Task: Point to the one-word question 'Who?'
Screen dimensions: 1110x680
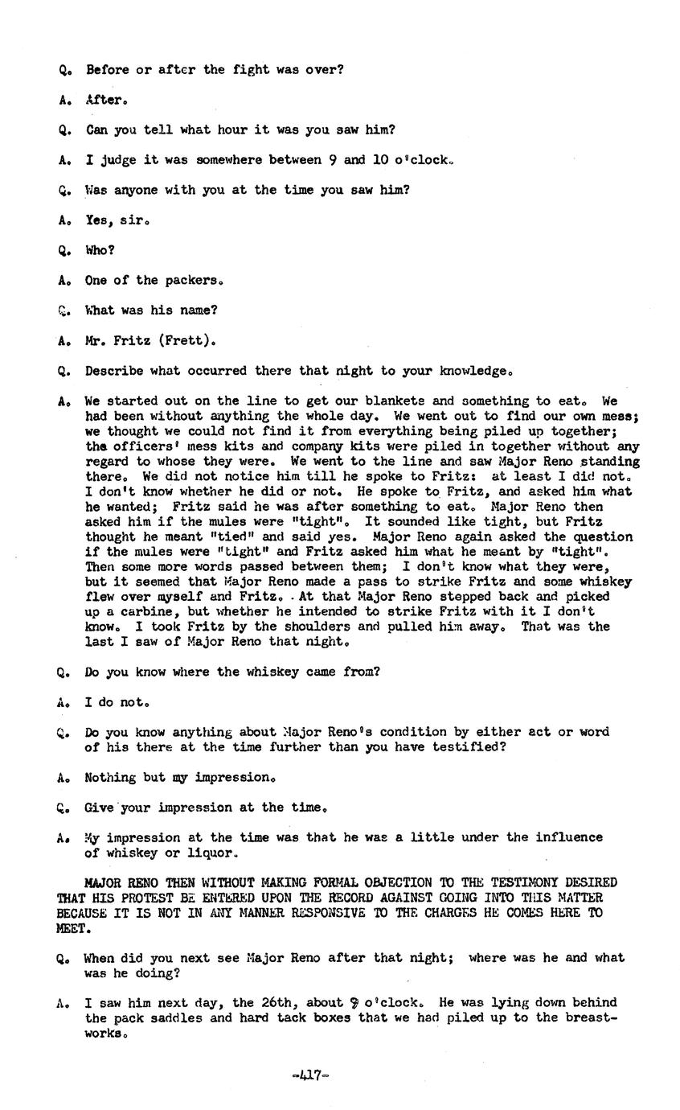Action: [100, 250]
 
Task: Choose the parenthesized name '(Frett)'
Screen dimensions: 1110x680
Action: [186, 340]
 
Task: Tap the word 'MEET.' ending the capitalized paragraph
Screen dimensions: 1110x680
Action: [74, 928]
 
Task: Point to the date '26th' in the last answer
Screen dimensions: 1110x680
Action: [278, 1003]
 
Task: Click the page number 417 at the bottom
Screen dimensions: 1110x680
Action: [310, 1075]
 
